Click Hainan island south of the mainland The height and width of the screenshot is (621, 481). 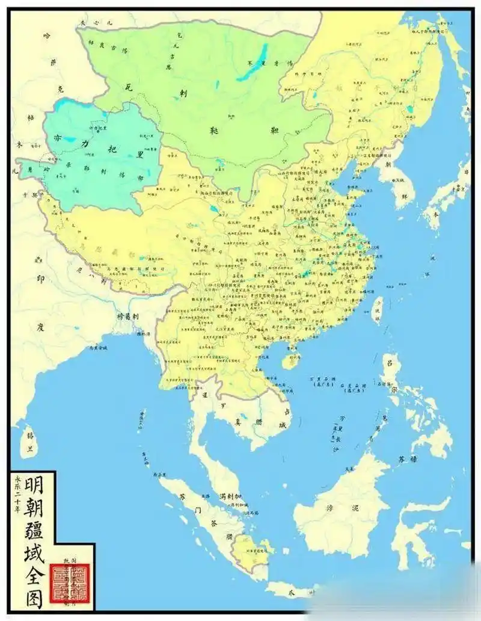(290, 361)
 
